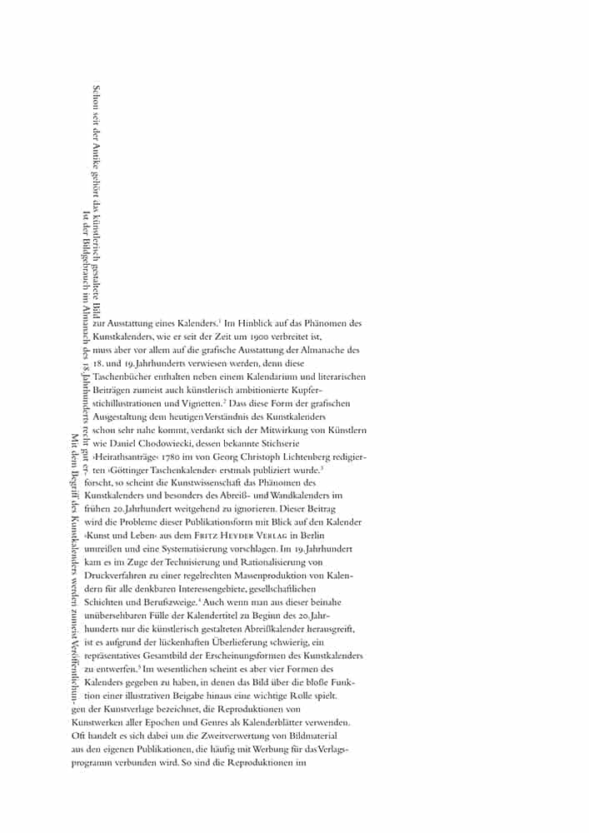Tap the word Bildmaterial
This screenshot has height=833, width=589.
point(317,736)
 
